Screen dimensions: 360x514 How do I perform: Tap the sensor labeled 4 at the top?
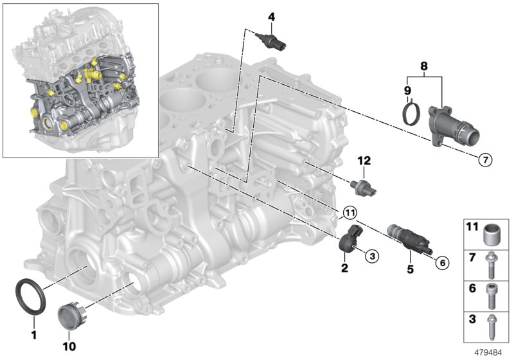[272, 41]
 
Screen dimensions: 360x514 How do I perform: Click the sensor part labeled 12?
[366, 187]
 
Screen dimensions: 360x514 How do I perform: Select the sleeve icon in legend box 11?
[493, 231]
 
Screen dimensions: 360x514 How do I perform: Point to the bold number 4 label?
[271, 16]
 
